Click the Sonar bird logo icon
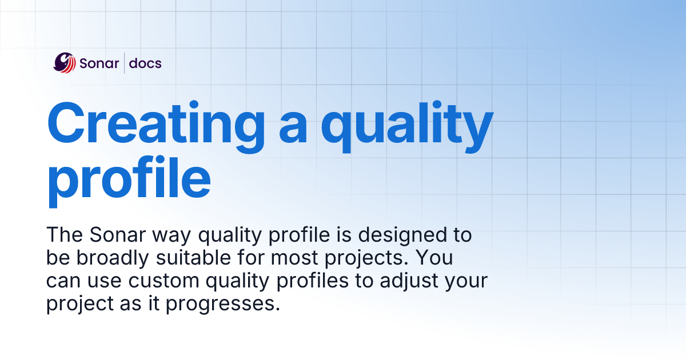[65, 62]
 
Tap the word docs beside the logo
[145, 63]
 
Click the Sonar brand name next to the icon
[99, 63]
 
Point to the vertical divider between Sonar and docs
[125, 63]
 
